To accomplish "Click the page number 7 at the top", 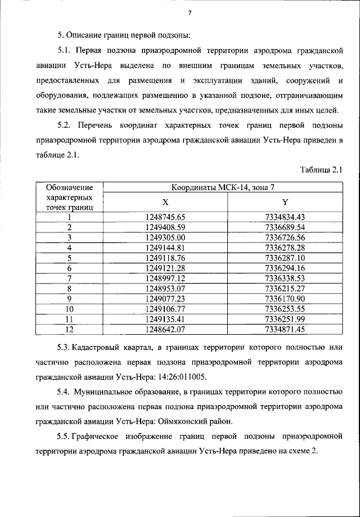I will coord(190,14).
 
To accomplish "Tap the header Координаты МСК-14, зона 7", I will coord(225,187).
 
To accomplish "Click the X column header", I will coord(165,202).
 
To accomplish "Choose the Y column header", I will coord(285,202).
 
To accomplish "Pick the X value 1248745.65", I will coord(165,217).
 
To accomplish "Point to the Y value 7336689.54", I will coord(285,227).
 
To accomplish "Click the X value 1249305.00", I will coord(165,237).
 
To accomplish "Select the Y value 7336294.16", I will coord(285,268).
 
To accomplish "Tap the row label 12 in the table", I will coord(70,329).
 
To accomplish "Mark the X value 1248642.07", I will coord(165,329).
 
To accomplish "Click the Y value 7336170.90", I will coord(285,298).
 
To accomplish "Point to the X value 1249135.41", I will coord(165,318).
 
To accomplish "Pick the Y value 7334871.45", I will coord(285,329).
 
